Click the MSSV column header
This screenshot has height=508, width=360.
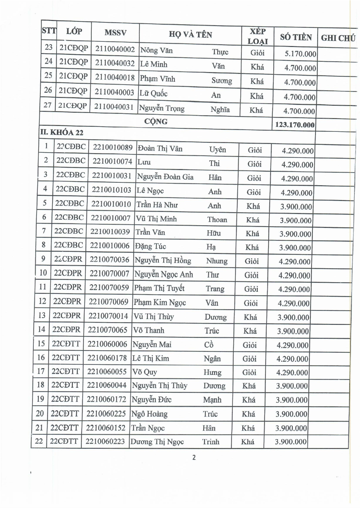115,33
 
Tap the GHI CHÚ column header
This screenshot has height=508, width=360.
338,38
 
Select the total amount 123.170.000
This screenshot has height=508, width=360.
295,125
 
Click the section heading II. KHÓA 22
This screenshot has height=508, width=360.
62,132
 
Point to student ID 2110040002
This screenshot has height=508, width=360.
115,49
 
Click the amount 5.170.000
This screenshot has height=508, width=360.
300,54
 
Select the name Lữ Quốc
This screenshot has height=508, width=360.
153,94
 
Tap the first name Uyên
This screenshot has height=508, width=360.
217,150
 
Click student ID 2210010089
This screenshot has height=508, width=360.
112,148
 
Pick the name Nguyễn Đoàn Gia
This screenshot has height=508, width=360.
165,177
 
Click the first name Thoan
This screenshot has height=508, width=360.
217,220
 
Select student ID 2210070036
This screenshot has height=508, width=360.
109,260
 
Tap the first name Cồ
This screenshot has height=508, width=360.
208,345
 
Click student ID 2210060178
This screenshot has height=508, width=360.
107,358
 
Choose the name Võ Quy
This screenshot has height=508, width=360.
144,372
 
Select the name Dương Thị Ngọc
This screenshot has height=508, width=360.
157,442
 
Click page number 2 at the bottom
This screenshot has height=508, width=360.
194,457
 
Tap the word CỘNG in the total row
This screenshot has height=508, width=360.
156,122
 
